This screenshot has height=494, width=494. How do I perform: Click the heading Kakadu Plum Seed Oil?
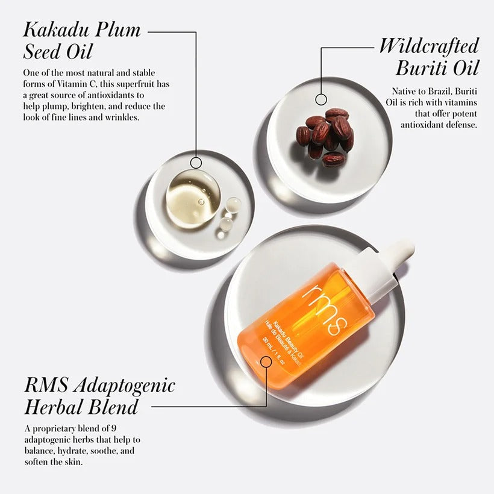[x=81, y=40]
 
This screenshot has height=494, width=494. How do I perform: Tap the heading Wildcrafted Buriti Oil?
[x=429, y=56]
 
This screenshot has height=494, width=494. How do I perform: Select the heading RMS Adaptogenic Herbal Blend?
[x=99, y=395]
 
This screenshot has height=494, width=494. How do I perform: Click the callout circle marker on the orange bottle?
[x=266, y=361]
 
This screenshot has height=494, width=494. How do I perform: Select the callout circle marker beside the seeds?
[x=321, y=99]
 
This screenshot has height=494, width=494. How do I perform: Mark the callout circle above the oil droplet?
[x=196, y=163]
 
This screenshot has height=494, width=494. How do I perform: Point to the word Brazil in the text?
[x=434, y=92]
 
